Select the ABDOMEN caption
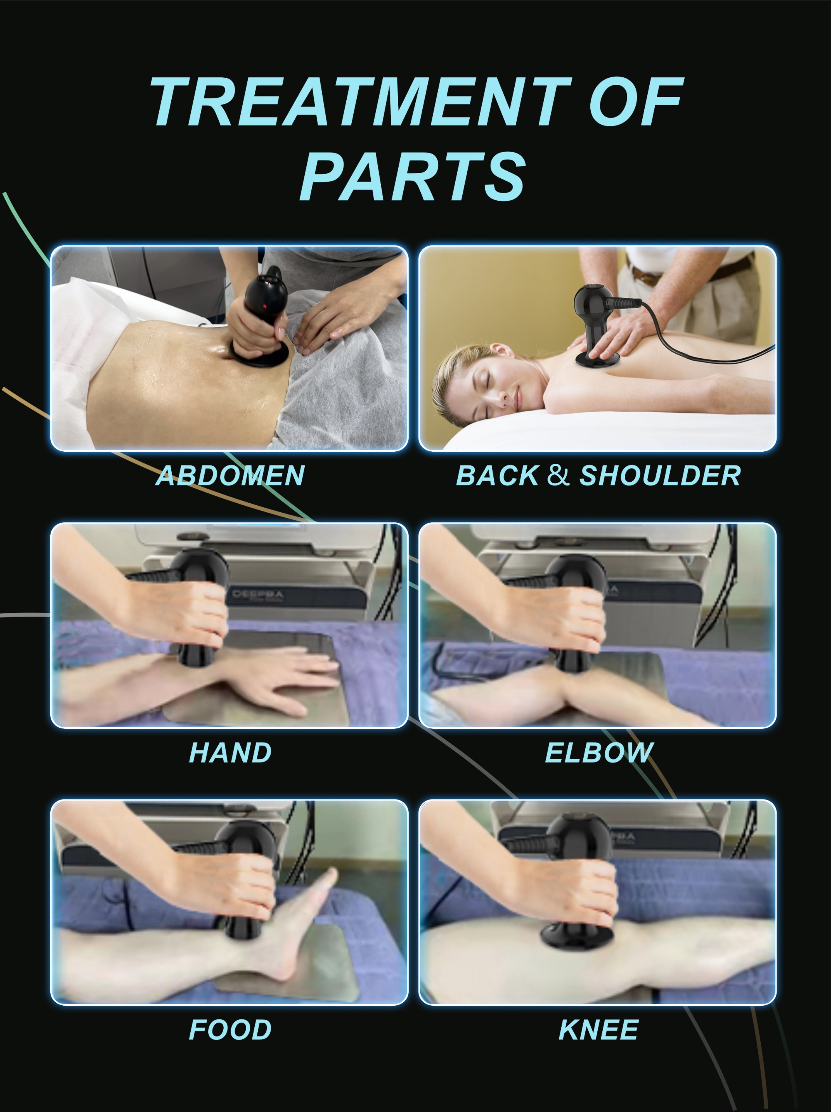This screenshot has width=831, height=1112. [x=230, y=475]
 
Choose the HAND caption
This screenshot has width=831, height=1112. [x=230, y=753]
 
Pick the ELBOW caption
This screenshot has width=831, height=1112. [x=599, y=753]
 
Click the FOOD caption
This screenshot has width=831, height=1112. [x=230, y=1030]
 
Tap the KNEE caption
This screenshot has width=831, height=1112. [x=599, y=1030]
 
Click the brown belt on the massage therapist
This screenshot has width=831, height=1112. [x=649, y=275]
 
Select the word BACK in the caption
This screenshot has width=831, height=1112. [x=497, y=475]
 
